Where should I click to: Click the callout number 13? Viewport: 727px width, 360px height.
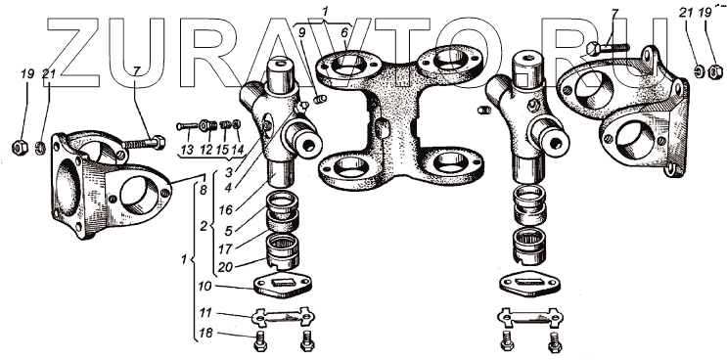pos(187,150)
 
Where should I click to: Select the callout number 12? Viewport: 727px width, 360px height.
pos(205,150)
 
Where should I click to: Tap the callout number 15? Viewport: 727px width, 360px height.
pos(222,150)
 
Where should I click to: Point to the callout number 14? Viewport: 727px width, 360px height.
pos(239,150)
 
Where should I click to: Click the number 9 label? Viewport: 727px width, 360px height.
pos(302,33)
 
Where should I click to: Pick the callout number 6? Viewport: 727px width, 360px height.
pos(344,33)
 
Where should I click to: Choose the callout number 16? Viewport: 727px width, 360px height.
pos(226,210)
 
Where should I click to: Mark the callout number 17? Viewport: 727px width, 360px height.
pos(225,248)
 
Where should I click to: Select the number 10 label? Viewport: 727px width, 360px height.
pos(204,287)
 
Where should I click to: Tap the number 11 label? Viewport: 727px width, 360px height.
pos(204,313)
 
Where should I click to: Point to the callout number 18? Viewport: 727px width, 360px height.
pos(204,334)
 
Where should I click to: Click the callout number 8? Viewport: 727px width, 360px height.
pos(204,190)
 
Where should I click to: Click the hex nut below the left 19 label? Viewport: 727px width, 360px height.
pos(20,148)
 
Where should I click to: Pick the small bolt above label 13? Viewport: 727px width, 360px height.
pos(186,125)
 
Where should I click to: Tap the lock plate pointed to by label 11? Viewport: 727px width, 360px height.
pos(283,317)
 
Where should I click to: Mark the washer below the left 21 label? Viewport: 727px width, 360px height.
pos(41,149)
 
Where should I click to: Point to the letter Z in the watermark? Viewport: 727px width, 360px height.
pos(73,53)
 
